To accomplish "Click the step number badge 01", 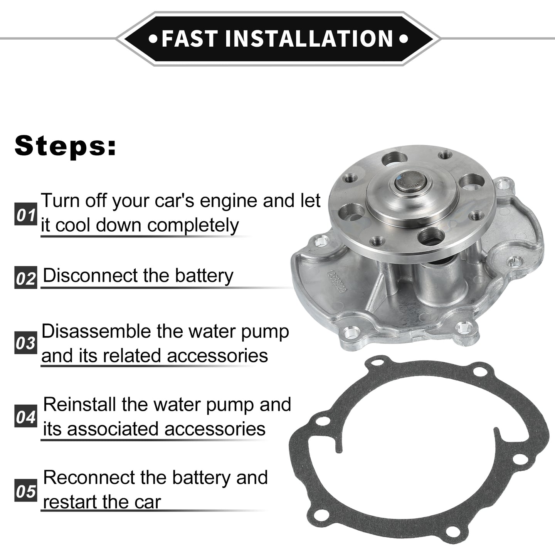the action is pyautogui.click(x=26, y=214).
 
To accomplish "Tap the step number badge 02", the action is pyautogui.click(x=26, y=277).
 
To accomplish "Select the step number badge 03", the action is pyautogui.click(x=26, y=343).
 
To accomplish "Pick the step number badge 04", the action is pyautogui.click(x=26, y=416).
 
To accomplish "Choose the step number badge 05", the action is pyautogui.click(x=26, y=491).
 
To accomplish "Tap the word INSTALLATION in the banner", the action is pyautogui.click(x=309, y=39).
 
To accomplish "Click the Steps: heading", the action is pyautogui.click(x=66, y=146).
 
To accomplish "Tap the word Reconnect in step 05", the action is pyautogui.click(x=89, y=478).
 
